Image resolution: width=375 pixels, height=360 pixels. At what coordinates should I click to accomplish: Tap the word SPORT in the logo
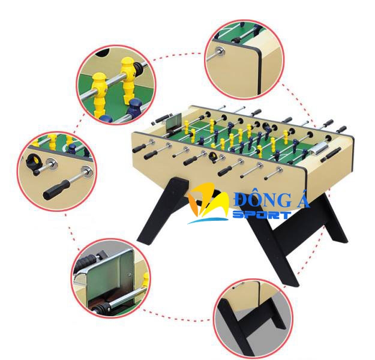tap(262, 215)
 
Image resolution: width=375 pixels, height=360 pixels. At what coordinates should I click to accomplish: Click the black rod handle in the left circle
tap(56, 190)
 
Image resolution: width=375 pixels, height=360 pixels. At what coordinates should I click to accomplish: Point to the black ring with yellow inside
tap(34, 161)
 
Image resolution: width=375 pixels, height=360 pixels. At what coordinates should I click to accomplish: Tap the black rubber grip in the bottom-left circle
tap(88, 262)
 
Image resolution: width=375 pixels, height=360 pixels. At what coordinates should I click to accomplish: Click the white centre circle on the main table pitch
tap(238, 149)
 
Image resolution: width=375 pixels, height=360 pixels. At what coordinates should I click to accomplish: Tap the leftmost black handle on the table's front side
tap(139, 148)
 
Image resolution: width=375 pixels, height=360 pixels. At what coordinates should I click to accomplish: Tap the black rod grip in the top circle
tap(237, 40)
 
